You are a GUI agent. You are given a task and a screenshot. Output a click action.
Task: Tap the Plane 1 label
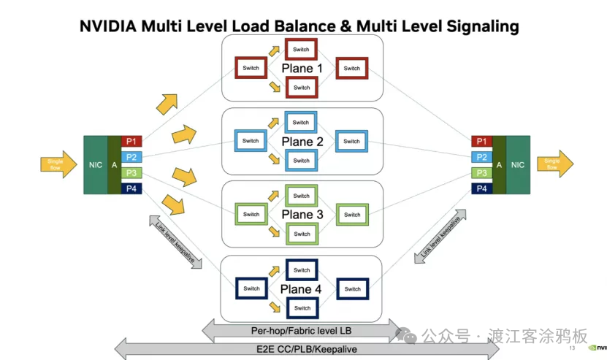(x=302, y=69)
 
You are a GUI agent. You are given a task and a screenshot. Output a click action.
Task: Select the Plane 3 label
(x=302, y=215)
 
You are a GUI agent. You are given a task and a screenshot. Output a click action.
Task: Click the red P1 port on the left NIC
(x=131, y=141)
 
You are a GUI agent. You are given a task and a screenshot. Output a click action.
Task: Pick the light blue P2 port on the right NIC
(x=481, y=157)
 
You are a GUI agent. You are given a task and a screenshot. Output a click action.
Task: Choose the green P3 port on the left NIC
(x=131, y=173)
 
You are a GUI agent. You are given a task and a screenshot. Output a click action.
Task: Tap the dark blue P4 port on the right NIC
(x=481, y=188)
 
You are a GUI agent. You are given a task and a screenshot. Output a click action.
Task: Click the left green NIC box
(x=96, y=165)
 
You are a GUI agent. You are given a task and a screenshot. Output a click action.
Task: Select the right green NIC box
(x=518, y=165)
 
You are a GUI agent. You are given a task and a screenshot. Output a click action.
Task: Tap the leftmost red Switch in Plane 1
(x=251, y=69)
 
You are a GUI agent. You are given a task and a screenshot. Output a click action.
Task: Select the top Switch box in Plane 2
(x=301, y=123)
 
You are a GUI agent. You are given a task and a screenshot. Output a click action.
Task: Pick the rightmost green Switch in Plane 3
(x=352, y=215)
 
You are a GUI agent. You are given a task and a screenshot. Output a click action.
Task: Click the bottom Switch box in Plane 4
(x=302, y=308)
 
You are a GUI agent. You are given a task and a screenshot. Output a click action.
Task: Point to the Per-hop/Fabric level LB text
(x=301, y=330)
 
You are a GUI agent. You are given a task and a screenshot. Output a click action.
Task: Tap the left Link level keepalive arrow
(x=176, y=242)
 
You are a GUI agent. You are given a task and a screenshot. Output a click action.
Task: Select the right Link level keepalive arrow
(x=441, y=239)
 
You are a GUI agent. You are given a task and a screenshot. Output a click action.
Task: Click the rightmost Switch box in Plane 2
(x=352, y=142)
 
